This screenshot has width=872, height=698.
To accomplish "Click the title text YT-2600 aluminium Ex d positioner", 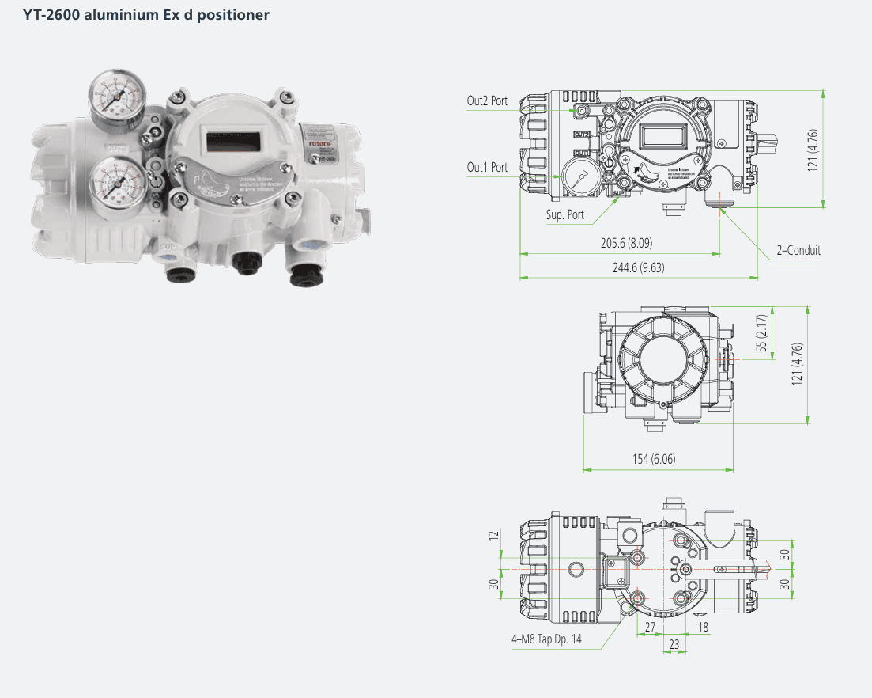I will [146, 14].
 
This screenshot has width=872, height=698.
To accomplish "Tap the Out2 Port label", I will [487, 101].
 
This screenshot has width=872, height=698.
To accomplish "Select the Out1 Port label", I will [487, 167].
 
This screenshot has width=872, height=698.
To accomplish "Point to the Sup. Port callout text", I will [565, 214].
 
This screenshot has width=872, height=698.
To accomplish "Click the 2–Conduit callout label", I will [798, 250].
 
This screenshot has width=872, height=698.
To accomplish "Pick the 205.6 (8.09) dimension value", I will [626, 243].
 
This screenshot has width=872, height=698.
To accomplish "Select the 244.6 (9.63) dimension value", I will [638, 267].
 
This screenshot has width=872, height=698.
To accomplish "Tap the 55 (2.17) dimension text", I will [761, 333].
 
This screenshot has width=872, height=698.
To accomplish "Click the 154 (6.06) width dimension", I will [653, 459].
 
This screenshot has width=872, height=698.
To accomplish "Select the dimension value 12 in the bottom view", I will [494, 536].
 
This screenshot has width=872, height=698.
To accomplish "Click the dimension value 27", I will [650, 628].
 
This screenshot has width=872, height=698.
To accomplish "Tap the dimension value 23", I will [674, 645].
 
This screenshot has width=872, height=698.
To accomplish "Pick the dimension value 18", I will [704, 628].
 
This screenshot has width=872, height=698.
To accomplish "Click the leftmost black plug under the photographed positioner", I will [176, 273].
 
